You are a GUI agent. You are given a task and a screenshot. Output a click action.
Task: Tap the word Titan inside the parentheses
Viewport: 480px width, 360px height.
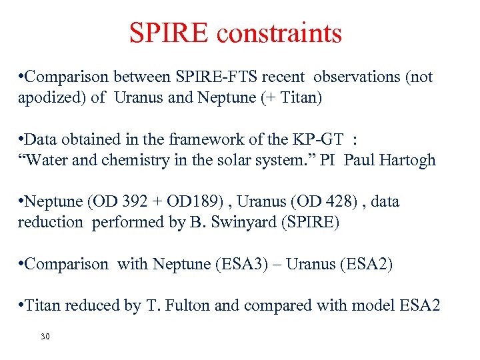[297, 97]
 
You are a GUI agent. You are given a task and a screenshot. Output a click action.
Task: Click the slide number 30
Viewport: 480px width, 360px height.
[45, 336]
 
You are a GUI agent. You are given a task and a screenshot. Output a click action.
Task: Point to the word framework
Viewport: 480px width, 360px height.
[199, 139]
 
